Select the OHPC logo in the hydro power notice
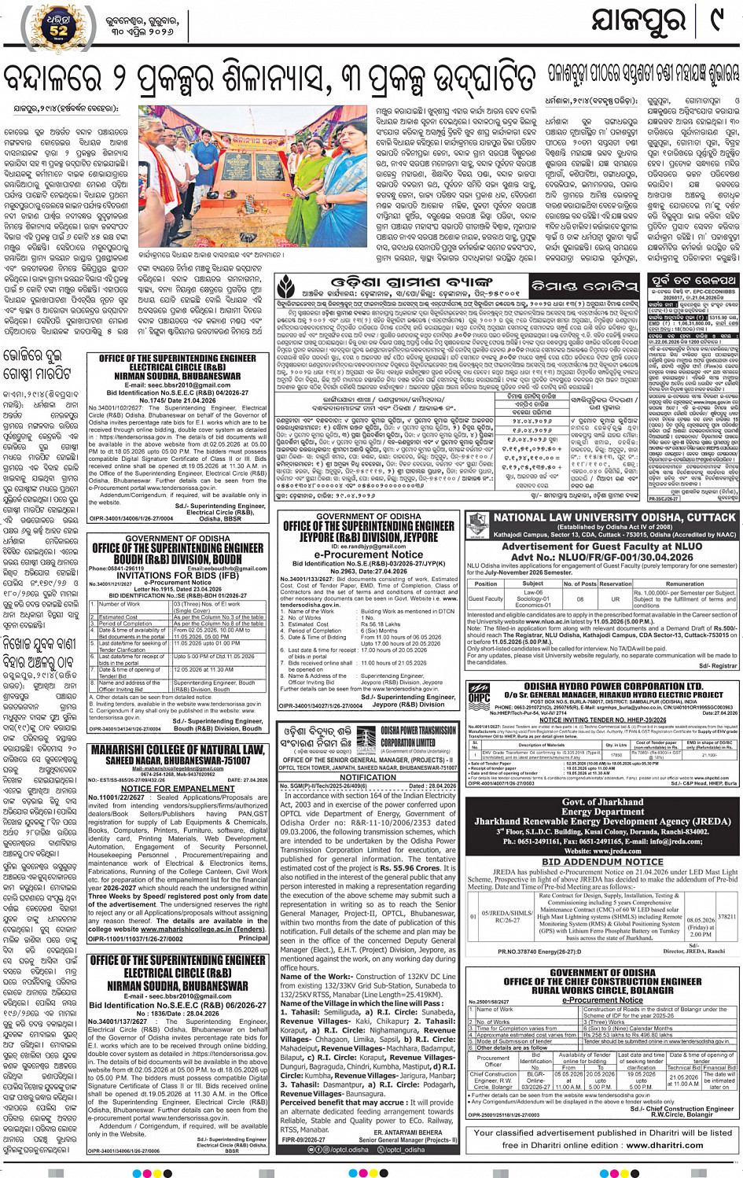click(x=479, y=695)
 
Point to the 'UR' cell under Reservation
click(x=616, y=598)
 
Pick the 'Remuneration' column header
click(x=685, y=583)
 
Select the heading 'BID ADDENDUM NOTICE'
click(x=602, y=862)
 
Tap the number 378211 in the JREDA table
click(x=727, y=916)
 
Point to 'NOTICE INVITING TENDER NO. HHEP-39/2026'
click(x=602, y=720)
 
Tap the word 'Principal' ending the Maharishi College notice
click(x=252, y=937)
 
